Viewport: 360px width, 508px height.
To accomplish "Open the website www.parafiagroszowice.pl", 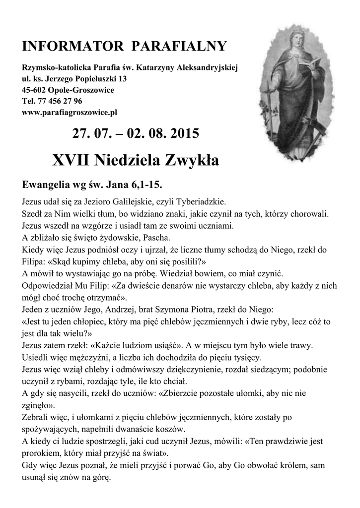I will pos(70,113).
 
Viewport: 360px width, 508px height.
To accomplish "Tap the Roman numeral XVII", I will pos(71,160).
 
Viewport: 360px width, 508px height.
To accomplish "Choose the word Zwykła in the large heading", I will pos(190,160).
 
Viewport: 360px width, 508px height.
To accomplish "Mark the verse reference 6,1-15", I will pos(146,185).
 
